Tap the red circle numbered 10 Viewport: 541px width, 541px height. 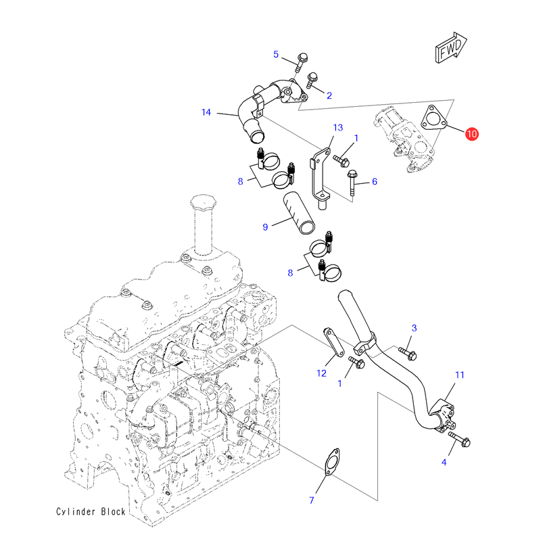[471, 135]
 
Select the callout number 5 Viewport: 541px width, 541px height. [276, 54]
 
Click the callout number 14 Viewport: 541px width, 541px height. [207, 112]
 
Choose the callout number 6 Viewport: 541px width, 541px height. [374, 181]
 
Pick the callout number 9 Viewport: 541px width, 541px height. [266, 227]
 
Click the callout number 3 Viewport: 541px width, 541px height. [415, 328]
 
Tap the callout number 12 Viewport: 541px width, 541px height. [321, 373]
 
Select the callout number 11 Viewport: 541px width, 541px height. [460, 374]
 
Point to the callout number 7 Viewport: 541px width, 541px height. [312, 500]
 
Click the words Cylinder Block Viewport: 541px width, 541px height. [91, 512]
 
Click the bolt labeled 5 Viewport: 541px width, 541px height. [301, 62]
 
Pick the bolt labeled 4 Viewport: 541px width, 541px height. [460, 442]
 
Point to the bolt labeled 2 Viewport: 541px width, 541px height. [313, 81]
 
